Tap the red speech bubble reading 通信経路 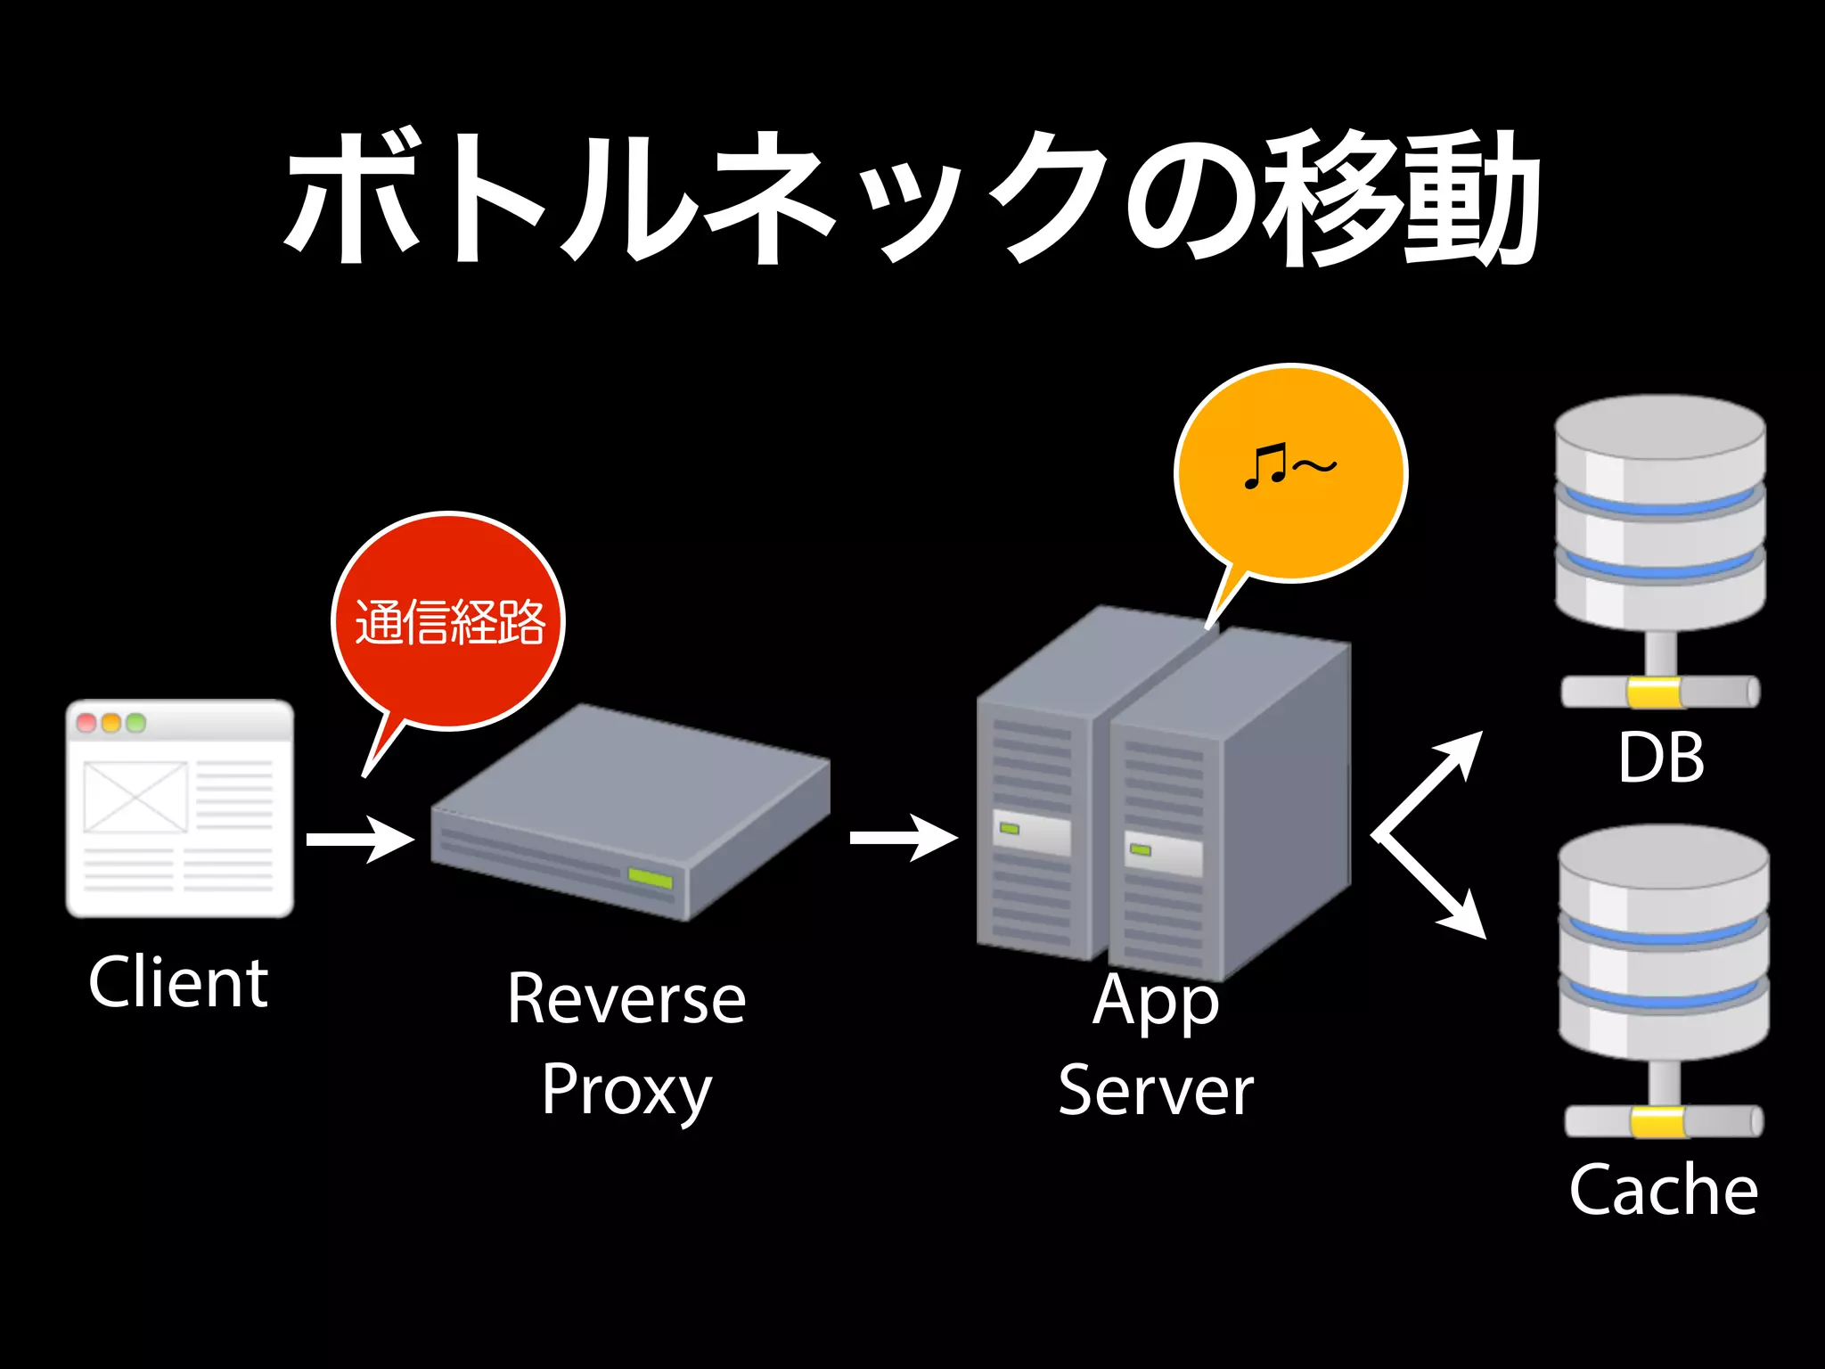(448, 621)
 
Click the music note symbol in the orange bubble (1265, 466)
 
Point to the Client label (178, 982)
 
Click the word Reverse (626, 999)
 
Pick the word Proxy (626, 1091)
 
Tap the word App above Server (1156, 1002)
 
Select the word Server (1156, 1091)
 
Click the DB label (1661, 758)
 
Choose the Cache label (1663, 1190)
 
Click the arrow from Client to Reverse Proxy (360, 839)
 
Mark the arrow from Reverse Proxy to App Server (904, 837)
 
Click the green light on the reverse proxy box (650, 878)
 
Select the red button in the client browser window (86, 723)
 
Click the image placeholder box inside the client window (135, 797)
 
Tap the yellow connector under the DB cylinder (1654, 693)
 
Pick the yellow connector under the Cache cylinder (1658, 1122)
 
